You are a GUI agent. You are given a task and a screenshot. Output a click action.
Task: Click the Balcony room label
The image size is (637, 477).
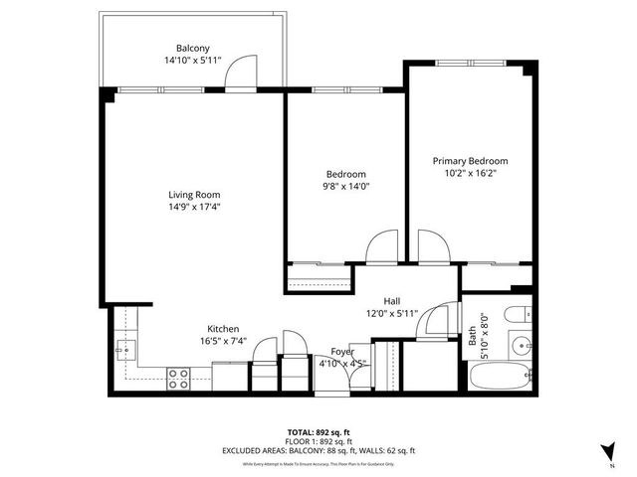pyautogui.click(x=193, y=48)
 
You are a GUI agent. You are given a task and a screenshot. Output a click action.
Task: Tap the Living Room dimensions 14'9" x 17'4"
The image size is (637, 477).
pyautogui.click(x=193, y=207)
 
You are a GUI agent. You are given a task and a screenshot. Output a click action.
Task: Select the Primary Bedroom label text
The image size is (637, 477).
pyautogui.click(x=470, y=161)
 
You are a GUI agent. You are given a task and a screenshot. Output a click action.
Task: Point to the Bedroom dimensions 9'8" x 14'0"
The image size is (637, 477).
pyautogui.click(x=345, y=185)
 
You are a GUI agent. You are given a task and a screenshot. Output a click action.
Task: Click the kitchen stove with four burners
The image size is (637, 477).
pyautogui.click(x=179, y=378)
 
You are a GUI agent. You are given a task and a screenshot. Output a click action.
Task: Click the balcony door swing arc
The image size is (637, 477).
pyautogui.click(x=238, y=72)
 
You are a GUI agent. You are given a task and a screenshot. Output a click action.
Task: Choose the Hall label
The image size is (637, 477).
pyautogui.click(x=393, y=301)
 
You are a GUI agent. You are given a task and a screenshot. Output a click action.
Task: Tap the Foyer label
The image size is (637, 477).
pyautogui.click(x=341, y=351)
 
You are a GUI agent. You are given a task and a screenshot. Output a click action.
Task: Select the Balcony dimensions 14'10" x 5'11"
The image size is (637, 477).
pyautogui.click(x=193, y=60)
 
